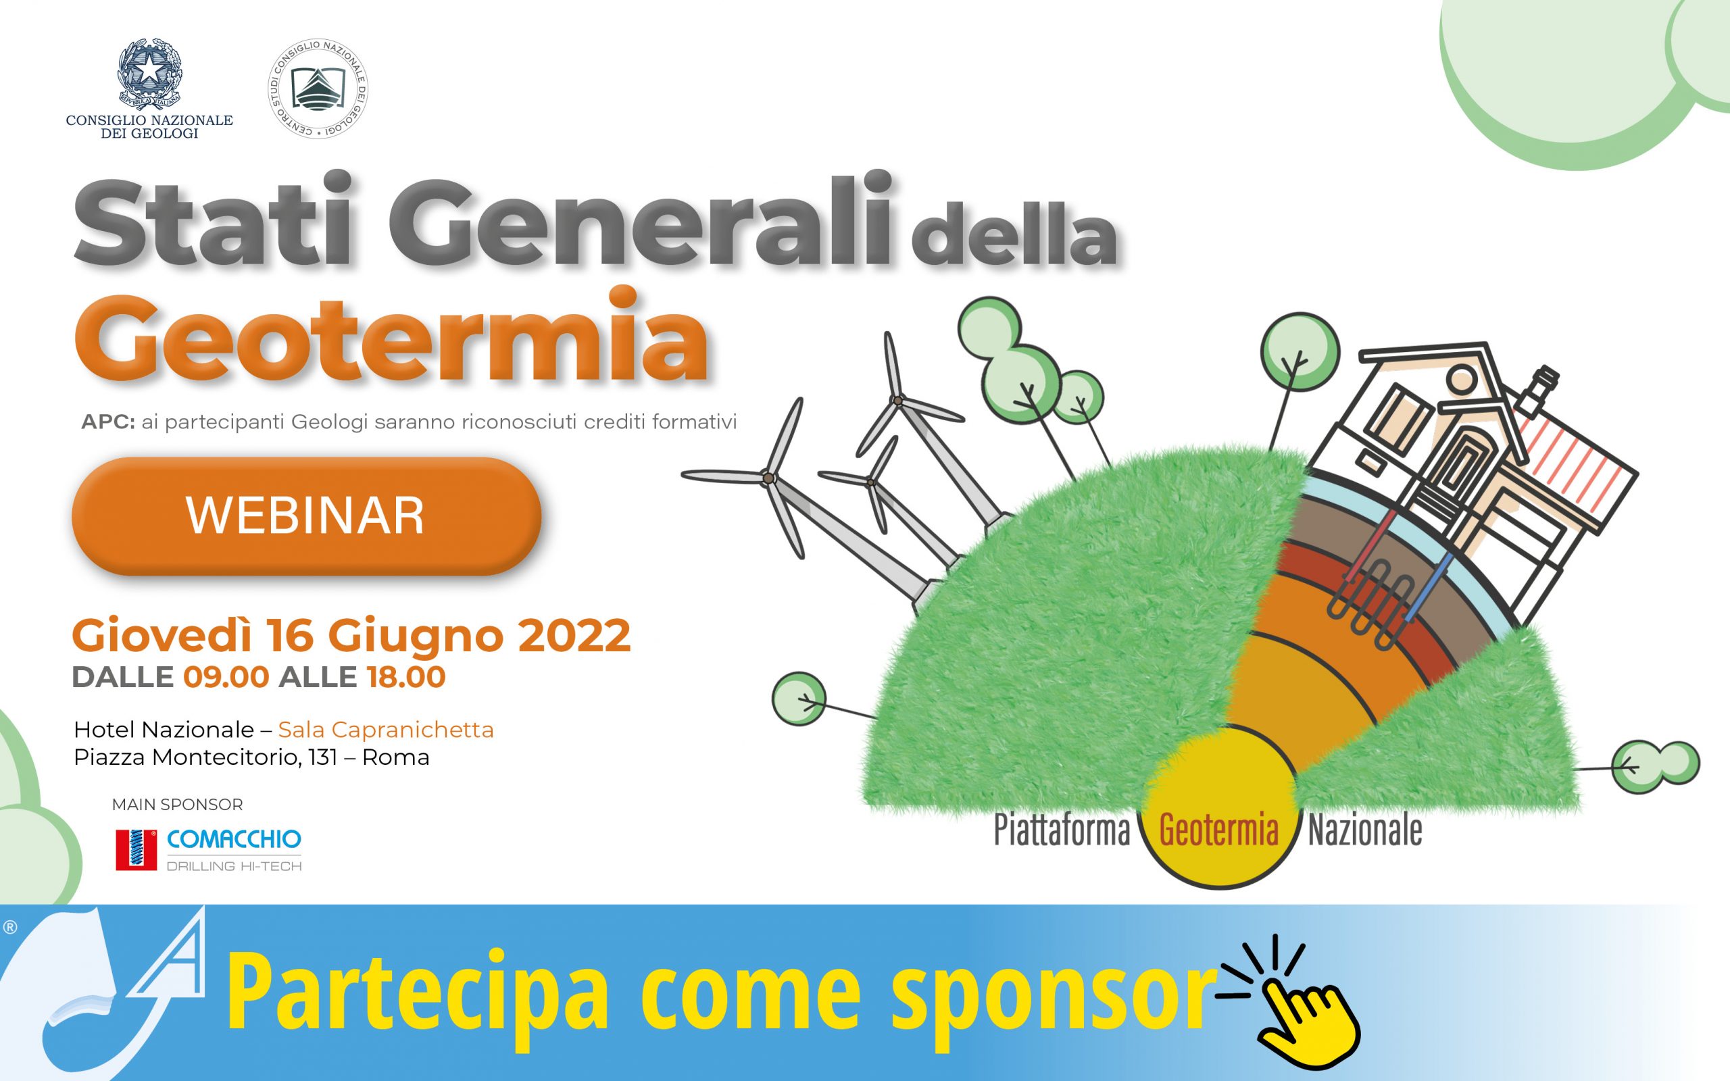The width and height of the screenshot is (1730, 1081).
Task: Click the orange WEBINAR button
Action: pos(306,516)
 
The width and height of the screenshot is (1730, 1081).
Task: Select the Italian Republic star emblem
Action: pos(149,75)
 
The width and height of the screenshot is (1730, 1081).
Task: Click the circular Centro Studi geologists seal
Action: pos(318,89)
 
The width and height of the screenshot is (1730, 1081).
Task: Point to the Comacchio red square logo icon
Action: pos(136,850)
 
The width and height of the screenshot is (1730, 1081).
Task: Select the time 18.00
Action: pos(406,677)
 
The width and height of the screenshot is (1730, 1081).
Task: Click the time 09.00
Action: pos(226,677)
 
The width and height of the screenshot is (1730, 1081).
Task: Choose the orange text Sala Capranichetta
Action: pos(386,730)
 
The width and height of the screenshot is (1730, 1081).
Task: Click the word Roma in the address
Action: pos(395,758)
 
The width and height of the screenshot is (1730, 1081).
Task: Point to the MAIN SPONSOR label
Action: pos(177,805)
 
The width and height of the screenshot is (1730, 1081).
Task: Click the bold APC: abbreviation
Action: pos(108,422)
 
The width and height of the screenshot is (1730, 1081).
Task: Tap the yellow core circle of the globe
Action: pos(1220,808)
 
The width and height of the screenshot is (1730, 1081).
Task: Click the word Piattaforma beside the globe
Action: pos(1062,832)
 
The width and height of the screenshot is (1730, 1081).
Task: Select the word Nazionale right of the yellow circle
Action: pos(1364,832)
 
